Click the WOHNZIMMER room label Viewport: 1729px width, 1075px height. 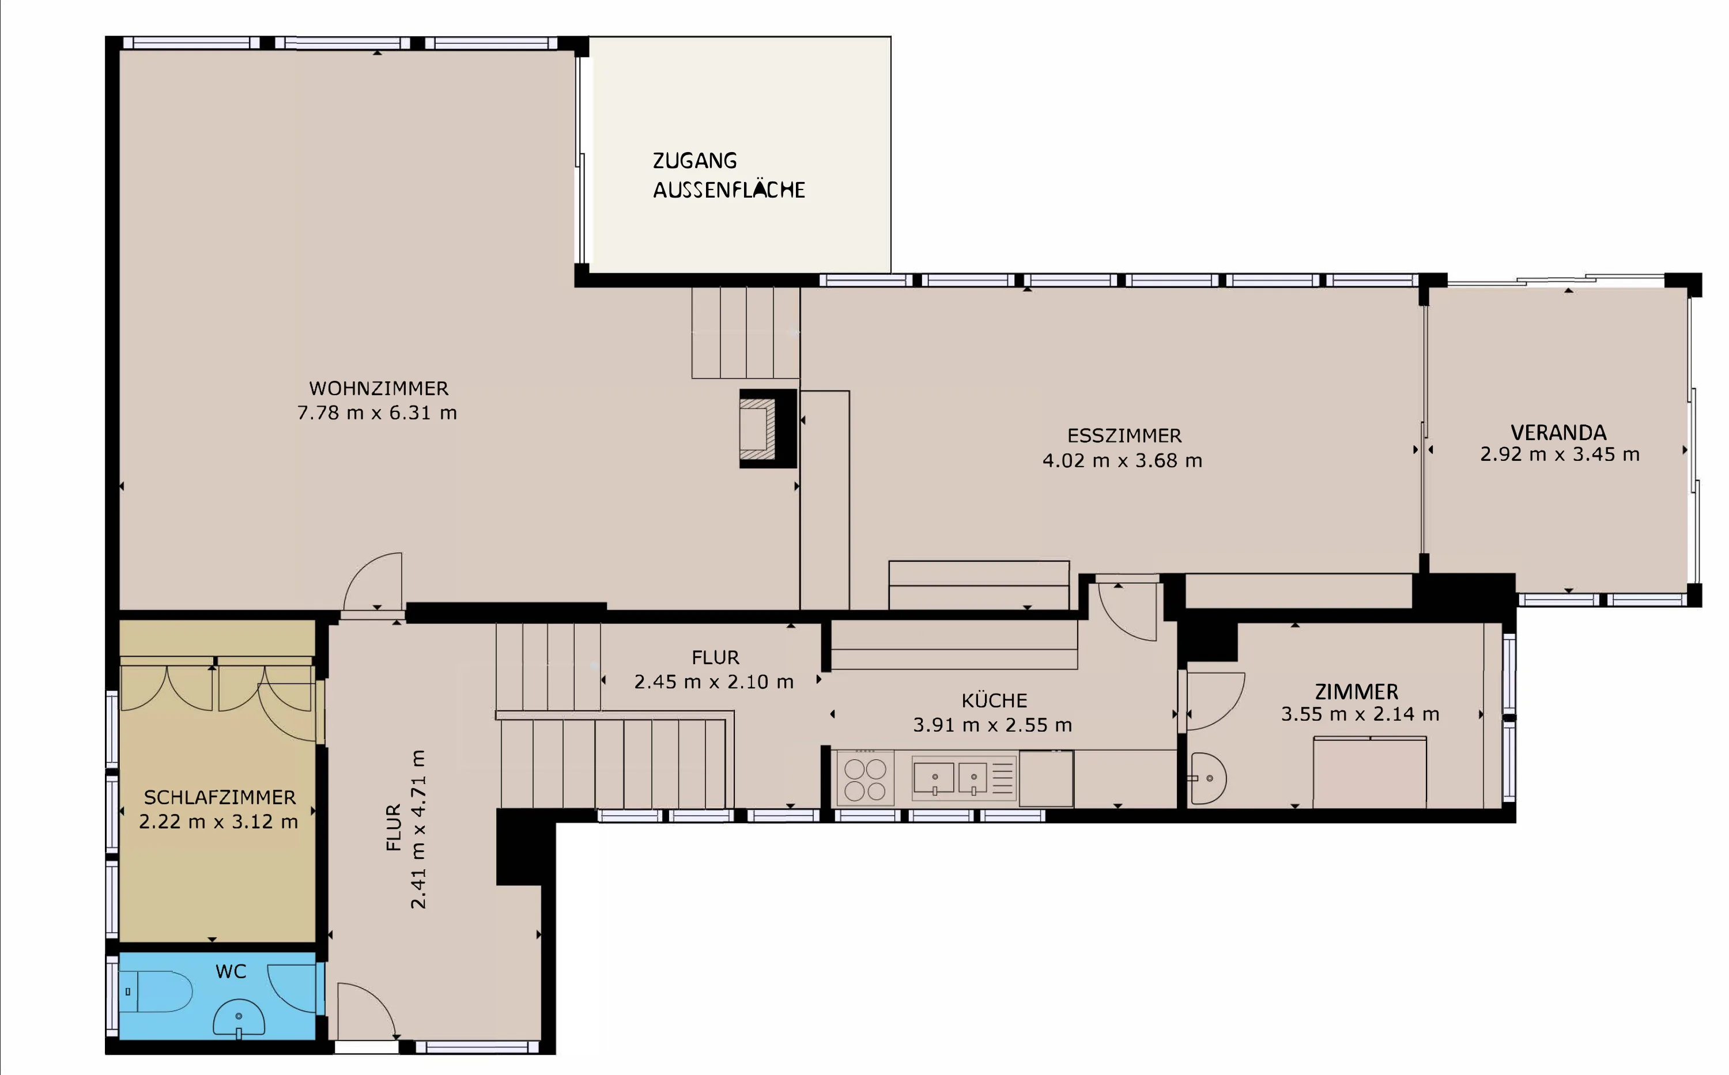tap(379, 388)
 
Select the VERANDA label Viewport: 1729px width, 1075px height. tap(1558, 432)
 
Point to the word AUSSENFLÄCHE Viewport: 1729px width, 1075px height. tap(729, 190)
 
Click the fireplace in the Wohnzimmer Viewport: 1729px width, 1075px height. tap(768, 428)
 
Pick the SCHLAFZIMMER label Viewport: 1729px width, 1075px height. tap(220, 797)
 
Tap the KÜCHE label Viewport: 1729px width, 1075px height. tap(994, 701)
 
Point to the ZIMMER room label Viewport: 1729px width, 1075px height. tap(1356, 692)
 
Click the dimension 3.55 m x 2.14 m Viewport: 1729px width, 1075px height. tap(1360, 714)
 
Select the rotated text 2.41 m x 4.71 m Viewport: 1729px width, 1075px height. tap(418, 829)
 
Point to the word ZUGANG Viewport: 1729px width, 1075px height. tap(695, 161)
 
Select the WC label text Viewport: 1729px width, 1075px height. tap(231, 971)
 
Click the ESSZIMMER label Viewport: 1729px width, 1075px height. tap(1124, 435)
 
